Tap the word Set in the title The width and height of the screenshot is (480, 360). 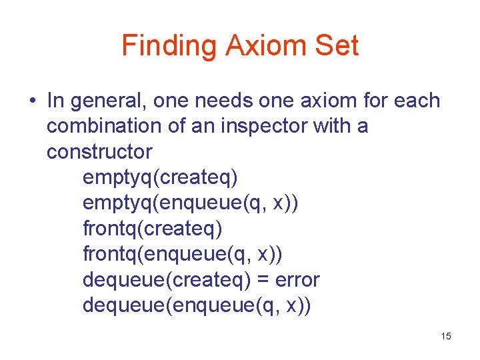click(339, 45)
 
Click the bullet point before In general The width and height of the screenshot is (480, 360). click(31, 101)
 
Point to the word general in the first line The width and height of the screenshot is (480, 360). click(103, 101)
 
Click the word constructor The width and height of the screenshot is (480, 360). click(99, 151)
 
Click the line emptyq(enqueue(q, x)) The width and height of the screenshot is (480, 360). click(191, 203)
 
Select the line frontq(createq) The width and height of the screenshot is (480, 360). click(153, 228)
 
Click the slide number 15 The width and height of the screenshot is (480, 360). click(446, 336)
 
